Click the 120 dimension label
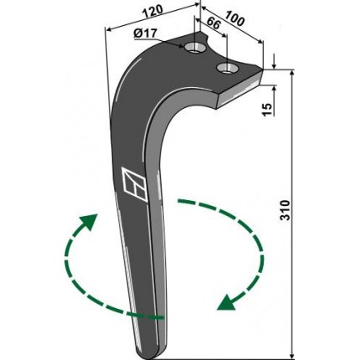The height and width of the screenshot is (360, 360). pos(152,11)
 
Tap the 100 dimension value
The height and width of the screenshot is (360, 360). pos(234,18)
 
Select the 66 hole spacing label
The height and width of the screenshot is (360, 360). pos(214,23)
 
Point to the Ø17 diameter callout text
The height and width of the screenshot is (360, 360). pos(145,33)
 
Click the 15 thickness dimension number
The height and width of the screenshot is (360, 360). pos(267,110)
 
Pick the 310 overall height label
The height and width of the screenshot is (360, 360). pos(285,210)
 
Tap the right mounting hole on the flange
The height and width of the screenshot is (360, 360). pos(228,68)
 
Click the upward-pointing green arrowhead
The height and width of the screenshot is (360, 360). pos(90,221)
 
